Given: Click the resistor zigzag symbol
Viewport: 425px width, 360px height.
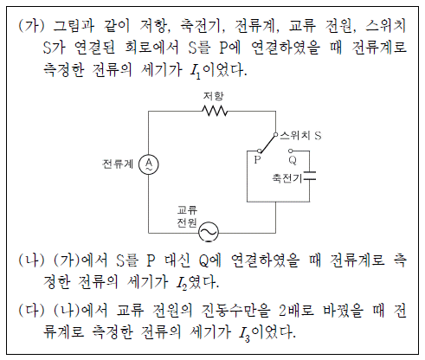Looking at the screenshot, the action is click(215, 111).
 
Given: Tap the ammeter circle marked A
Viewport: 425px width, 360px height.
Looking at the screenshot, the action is click(149, 164).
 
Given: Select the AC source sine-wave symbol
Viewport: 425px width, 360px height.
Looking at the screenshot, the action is click(209, 232).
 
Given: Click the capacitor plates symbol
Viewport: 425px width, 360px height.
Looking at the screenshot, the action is click(310, 176).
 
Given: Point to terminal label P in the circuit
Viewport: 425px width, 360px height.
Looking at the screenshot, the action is click(257, 159).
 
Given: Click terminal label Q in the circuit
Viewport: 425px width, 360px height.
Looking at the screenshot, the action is click(293, 160).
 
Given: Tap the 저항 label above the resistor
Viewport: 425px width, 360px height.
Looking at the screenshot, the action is click(213, 96).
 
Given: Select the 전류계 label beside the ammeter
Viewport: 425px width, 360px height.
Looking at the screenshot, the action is click(118, 164).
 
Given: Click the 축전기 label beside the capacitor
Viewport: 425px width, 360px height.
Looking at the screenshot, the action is click(287, 178).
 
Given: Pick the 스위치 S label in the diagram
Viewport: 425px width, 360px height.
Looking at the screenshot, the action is click(300, 135).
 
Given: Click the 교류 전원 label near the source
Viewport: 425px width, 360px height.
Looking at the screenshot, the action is click(187, 216).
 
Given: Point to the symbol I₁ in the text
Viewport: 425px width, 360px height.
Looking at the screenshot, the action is click(196, 71).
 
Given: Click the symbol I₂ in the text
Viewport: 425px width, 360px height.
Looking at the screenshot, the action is click(182, 283).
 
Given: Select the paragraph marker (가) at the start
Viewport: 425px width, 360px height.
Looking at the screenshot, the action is click(31, 25).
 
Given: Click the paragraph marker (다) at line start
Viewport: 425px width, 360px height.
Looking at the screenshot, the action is click(31, 311).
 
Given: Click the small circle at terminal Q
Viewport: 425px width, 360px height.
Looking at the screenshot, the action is click(291, 151).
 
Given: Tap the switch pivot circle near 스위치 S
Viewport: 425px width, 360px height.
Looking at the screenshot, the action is click(275, 134).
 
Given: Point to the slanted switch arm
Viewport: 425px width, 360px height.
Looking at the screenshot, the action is click(267, 144).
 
